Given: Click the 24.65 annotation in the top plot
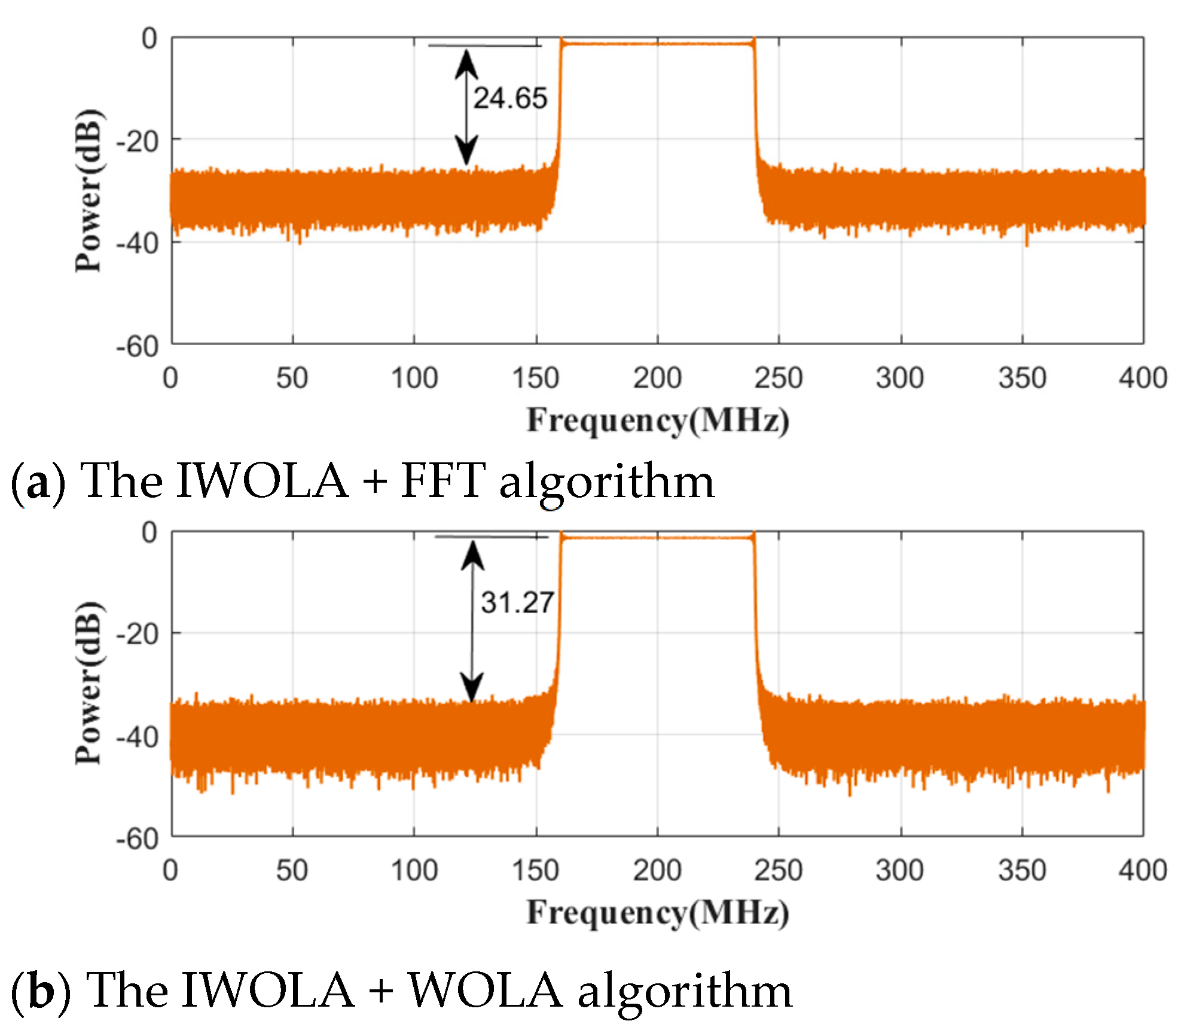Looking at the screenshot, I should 510,98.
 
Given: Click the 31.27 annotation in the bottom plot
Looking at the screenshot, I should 518,602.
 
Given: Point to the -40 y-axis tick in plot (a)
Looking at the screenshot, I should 137,244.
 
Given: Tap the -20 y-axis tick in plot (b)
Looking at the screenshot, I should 137,634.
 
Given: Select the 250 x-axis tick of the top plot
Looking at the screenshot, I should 778,378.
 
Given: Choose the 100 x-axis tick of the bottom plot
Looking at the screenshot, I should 414,870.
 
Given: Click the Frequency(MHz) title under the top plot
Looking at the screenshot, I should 658,420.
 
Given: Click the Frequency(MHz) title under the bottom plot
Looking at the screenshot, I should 658,913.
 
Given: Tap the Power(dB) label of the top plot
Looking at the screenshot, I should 88,190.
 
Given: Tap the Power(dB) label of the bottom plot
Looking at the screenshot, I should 88,682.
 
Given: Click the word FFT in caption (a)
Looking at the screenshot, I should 442,481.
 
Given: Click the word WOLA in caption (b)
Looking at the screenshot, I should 485,991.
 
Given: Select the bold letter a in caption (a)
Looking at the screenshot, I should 38,483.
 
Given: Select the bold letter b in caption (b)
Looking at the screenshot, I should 41,991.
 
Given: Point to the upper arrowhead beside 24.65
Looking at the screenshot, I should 466,63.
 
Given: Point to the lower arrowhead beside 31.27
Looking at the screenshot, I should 472,687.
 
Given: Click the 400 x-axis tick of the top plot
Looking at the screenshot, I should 1143,378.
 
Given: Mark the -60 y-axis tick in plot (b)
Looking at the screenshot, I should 137,839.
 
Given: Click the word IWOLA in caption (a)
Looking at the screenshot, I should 262,481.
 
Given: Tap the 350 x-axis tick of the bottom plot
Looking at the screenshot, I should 1021,870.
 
